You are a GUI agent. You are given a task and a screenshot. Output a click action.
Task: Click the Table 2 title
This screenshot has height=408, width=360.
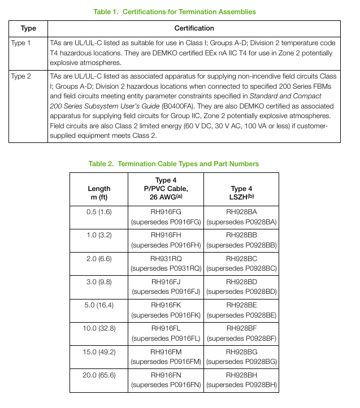[174, 164]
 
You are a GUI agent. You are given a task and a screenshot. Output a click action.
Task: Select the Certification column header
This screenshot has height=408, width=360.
[194, 28]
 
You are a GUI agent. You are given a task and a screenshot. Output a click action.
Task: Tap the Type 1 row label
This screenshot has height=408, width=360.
[21, 43]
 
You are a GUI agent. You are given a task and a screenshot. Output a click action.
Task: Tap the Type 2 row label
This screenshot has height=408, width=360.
[21, 76]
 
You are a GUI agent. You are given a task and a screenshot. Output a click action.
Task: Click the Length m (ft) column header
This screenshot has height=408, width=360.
[99, 193]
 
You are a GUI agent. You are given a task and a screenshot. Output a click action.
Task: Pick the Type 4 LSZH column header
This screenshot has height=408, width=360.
[241, 193]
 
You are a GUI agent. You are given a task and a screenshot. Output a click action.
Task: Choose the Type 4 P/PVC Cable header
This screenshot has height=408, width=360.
[166, 188]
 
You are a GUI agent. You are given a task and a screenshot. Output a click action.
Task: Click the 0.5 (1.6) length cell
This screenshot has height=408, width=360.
[99, 212]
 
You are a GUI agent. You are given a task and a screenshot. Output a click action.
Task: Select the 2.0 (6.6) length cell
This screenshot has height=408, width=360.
[99, 258]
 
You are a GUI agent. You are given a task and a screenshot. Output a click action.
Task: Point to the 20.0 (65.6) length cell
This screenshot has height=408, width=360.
[99, 375]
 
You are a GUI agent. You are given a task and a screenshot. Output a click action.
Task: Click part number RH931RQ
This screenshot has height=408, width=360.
[166, 258]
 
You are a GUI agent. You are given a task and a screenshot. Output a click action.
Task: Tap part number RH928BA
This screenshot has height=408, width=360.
[241, 212]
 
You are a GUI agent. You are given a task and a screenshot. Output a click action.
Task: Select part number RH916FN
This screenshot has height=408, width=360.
[166, 375]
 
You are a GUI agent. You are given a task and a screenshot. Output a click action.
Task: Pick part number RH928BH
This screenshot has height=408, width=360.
[241, 375]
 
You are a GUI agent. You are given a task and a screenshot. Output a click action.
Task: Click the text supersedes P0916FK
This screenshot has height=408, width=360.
[166, 315]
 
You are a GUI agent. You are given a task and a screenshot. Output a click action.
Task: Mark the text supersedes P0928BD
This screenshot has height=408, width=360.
[241, 292]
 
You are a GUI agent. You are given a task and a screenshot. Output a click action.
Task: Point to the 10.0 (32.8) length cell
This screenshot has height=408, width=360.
[99, 328]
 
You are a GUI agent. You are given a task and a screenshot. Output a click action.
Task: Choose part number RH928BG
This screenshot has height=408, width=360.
[241, 351]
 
